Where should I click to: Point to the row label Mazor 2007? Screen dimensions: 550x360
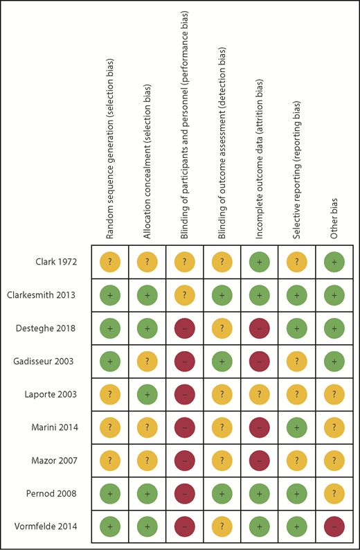[x=57, y=459]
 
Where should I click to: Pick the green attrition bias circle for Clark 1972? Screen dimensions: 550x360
[x=260, y=263]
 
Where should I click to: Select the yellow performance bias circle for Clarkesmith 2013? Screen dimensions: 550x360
[x=185, y=295]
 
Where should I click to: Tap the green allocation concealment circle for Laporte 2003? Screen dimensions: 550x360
[x=147, y=393]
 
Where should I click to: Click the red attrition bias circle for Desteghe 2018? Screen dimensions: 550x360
[x=260, y=328]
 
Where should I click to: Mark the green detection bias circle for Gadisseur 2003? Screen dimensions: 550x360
[x=222, y=361]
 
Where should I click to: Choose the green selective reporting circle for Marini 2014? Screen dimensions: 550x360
[x=297, y=426]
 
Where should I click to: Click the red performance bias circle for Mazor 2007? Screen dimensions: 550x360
[x=185, y=459]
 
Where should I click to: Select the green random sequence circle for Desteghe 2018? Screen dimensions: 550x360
[x=110, y=328]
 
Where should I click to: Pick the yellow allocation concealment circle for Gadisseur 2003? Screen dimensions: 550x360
[x=147, y=361]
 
